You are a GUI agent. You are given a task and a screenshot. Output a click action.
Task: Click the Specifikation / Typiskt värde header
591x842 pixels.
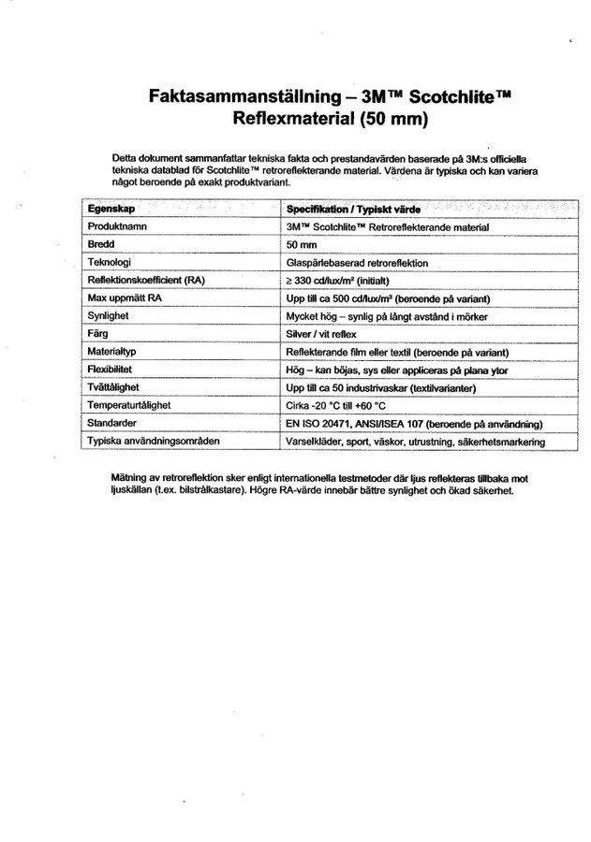(354, 210)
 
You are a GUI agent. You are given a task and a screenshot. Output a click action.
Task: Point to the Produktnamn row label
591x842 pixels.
(118, 227)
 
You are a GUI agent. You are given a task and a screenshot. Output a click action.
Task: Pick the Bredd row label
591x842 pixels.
(100, 245)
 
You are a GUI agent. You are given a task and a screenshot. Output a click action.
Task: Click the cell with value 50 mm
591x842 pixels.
(302, 245)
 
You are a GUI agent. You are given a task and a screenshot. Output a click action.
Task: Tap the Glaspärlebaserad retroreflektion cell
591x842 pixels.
(357, 263)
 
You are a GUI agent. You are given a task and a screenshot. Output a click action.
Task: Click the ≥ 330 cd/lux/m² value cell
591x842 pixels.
(338, 281)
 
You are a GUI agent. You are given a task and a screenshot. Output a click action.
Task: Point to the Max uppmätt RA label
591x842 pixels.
(123, 298)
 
